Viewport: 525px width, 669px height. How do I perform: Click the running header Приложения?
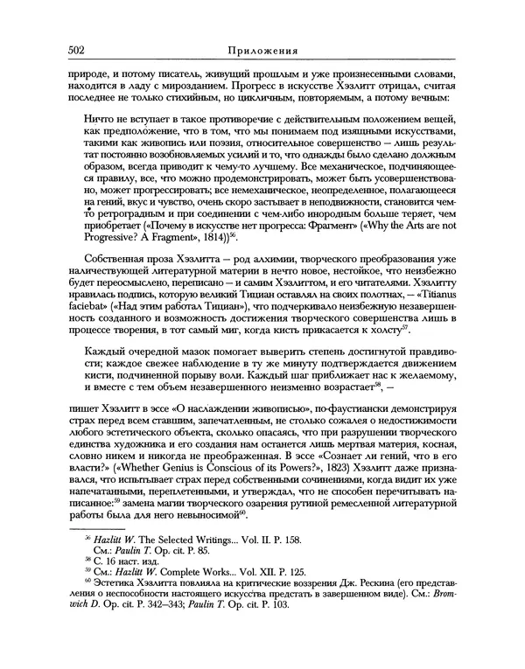262,51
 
